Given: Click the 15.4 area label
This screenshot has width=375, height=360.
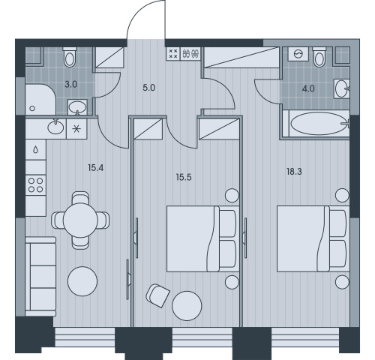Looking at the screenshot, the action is tap(96, 168).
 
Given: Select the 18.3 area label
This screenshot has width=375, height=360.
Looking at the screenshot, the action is tap(294, 172).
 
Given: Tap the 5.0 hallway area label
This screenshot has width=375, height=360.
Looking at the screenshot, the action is tap(149, 88).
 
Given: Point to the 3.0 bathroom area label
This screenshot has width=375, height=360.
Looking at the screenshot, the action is tap(71, 85).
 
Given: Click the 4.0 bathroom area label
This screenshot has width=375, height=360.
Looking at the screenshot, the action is tap(308, 88).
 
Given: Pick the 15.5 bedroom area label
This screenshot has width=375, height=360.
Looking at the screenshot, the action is tap(184, 177).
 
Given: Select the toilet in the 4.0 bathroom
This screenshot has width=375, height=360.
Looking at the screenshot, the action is tap(319, 57).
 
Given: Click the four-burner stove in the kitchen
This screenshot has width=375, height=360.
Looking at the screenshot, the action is tap(35, 185).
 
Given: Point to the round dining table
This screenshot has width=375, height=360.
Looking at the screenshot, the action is tap(80, 220).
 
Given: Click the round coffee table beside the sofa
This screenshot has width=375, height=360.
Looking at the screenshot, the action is tap(82, 281).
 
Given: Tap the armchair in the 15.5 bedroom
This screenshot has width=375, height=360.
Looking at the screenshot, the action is tap(157, 295).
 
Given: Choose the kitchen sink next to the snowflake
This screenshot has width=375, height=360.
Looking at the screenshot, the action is tap(55, 127).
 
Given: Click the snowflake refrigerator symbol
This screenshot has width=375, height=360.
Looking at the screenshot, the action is tap(76, 129).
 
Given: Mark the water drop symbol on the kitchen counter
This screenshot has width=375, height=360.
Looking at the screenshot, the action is tap(36, 149).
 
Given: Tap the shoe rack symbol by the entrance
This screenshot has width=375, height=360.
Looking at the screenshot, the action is tap(191, 53).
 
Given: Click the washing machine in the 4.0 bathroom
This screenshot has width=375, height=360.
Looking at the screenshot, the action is tap(298, 54).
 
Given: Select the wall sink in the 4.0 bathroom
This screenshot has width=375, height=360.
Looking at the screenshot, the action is tap(341, 88).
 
